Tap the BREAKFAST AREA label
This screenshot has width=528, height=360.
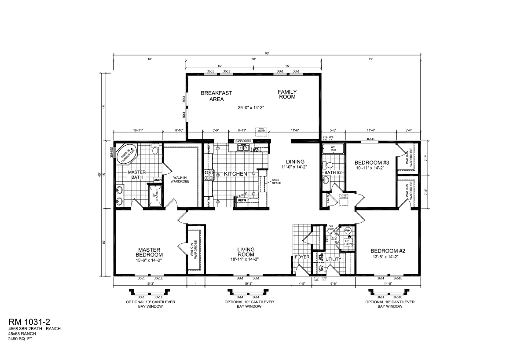pos(216,96)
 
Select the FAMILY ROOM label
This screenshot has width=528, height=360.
pos(287,94)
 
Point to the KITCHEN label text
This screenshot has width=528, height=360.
pos(235,174)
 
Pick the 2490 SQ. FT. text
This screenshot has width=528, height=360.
pos(21,339)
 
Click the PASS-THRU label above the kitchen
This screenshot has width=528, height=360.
pos(243,141)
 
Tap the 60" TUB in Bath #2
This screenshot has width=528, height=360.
pos(333,148)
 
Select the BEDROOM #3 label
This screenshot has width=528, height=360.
pos(370,162)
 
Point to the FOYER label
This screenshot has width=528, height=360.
pos(302,257)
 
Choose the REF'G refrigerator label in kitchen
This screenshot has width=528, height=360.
pos(242,201)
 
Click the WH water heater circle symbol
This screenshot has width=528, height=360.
pos(348,231)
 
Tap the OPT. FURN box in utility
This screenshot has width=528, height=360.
pos(348,242)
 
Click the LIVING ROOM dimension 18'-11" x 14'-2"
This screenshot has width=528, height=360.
pos(243,260)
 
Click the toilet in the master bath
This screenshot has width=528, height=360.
pos(154,151)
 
